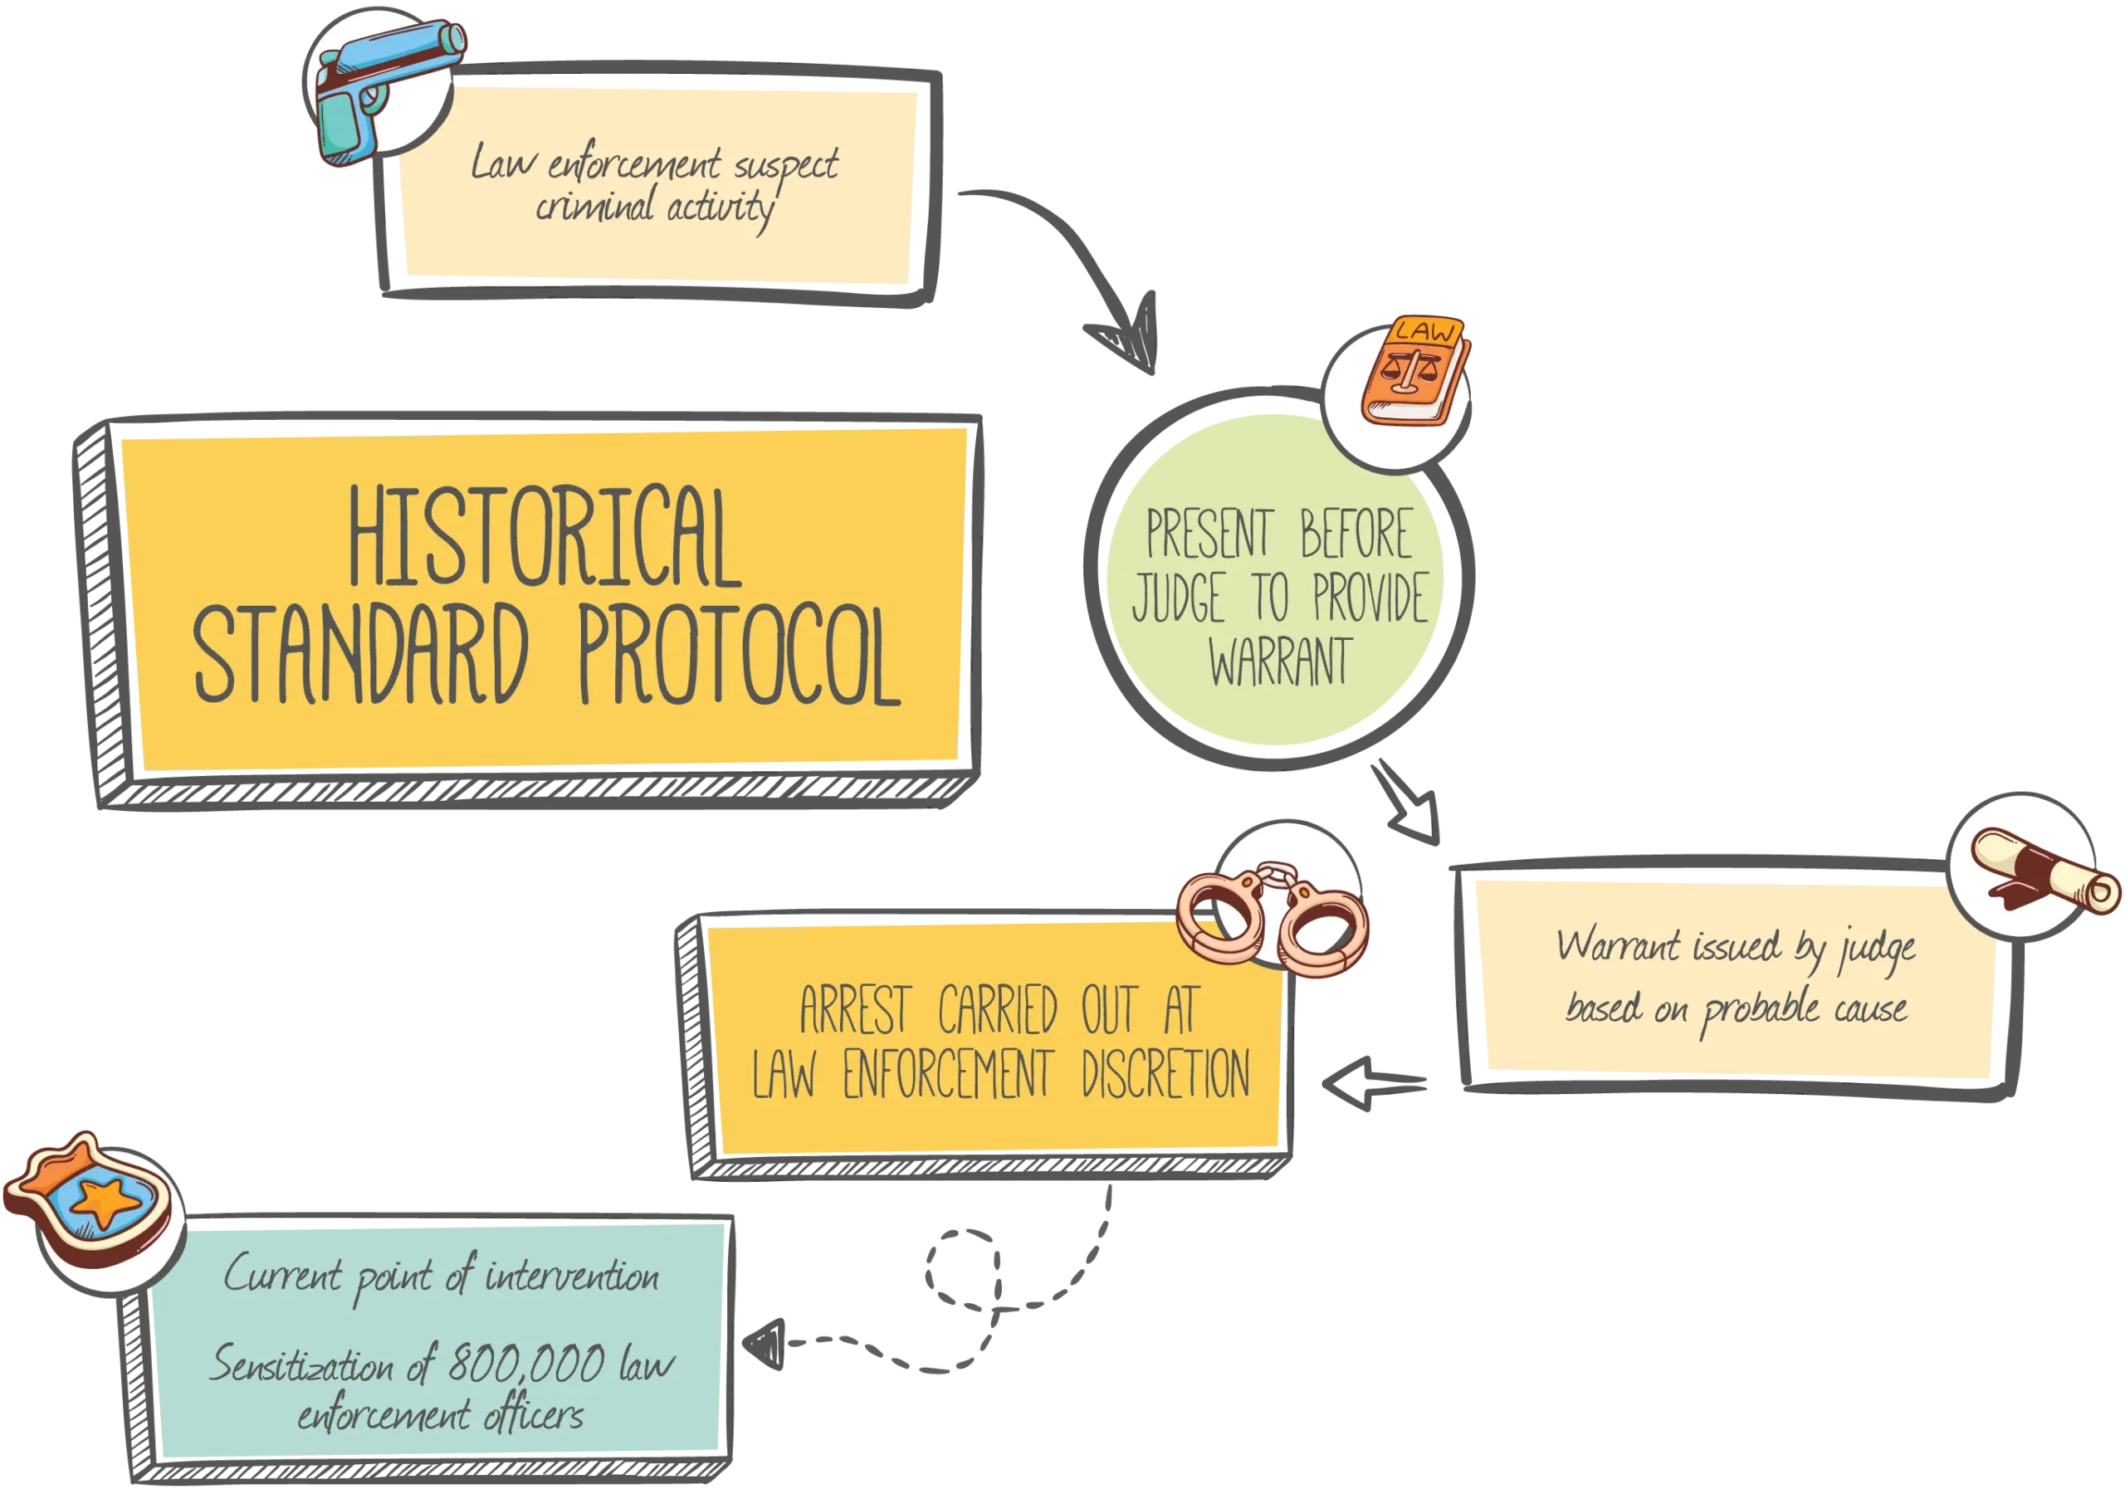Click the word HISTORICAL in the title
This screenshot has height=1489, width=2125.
click(x=545, y=539)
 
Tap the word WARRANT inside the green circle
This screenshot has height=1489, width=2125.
click(x=1280, y=662)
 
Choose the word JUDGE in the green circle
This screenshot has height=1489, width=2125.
click(x=1179, y=598)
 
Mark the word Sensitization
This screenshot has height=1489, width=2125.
click(x=301, y=1365)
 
